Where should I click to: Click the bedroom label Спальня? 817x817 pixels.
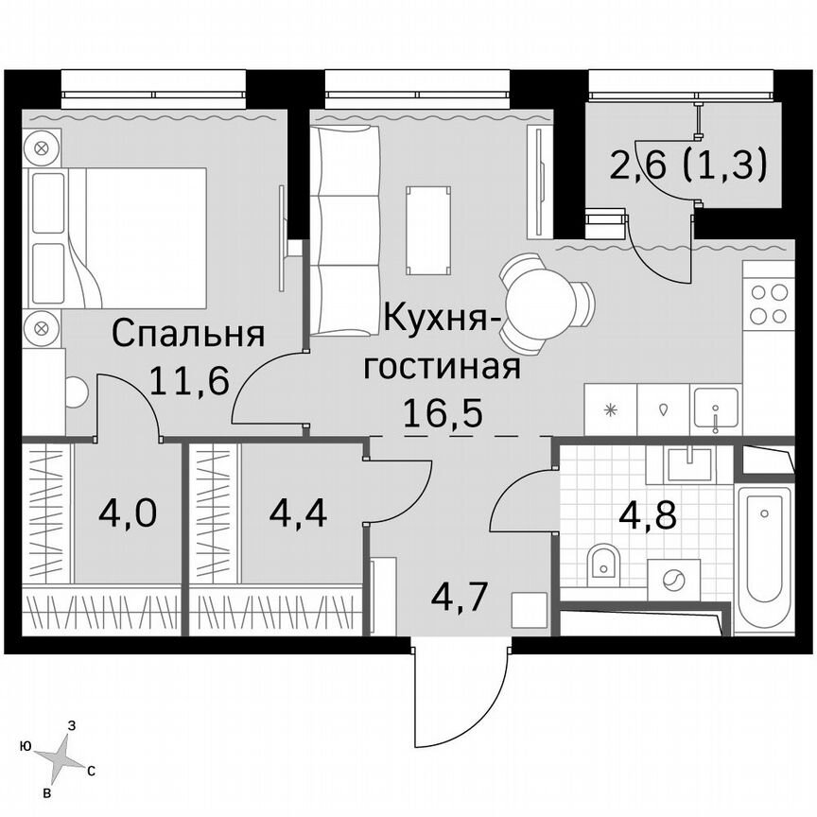pos(187,334)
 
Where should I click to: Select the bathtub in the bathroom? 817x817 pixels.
pos(764,558)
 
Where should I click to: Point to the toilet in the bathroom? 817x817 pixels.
pos(602,565)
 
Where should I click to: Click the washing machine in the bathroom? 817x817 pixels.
pos(674,579)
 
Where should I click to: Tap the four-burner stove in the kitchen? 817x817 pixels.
pos(769,304)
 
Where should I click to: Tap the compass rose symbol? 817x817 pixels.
pos(60,754)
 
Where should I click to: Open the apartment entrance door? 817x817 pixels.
pos(461,695)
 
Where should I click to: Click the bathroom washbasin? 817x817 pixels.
pos(689,464)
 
